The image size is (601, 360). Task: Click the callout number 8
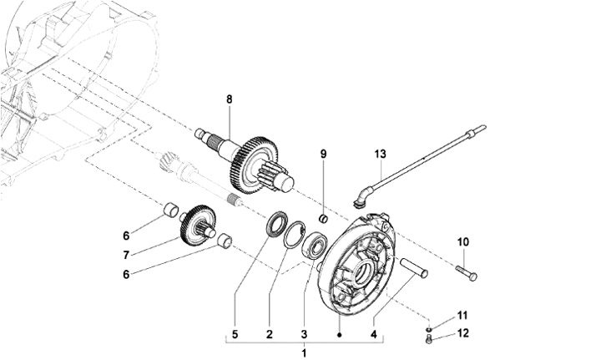click(230, 99)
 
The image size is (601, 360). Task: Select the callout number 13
click(381, 155)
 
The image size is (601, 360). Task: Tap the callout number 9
click(324, 155)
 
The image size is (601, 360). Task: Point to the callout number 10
click(463, 242)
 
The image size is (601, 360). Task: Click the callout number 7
click(126, 255)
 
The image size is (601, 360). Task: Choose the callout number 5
click(235, 334)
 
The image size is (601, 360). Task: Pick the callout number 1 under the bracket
click(305, 353)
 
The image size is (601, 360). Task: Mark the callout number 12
click(463, 333)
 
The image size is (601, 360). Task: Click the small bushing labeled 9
click(324, 219)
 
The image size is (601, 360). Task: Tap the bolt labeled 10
click(467, 272)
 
